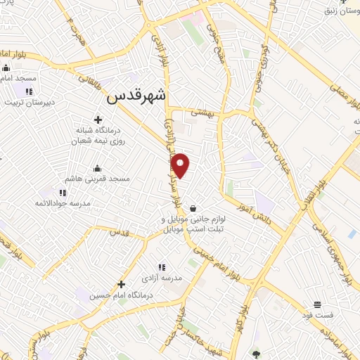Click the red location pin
(x=181, y=166)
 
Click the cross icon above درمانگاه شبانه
(x=98, y=120)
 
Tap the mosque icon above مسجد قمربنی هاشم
(x=98, y=168)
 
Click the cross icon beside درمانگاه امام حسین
(x=122, y=285)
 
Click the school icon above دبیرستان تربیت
(x=29, y=91)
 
